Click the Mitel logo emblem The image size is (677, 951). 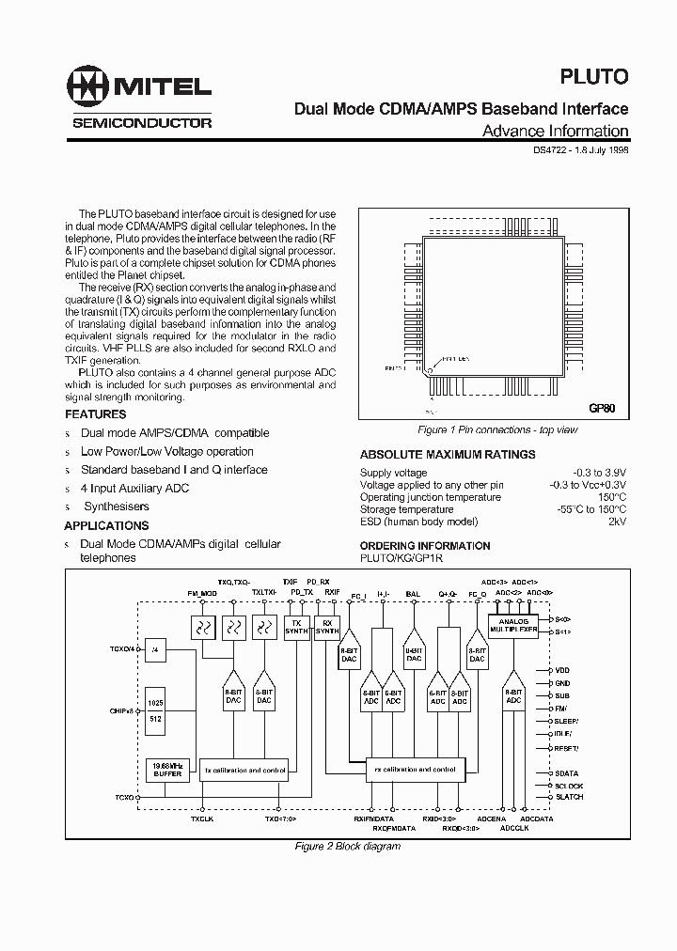click(x=87, y=87)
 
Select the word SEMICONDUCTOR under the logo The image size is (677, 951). click(x=142, y=123)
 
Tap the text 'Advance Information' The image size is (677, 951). click(x=555, y=132)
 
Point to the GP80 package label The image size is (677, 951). click(x=602, y=409)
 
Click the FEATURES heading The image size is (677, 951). click(x=95, y=414)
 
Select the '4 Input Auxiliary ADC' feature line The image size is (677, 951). click(x=134, y=488)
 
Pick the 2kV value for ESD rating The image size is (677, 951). click(x=616, y=522)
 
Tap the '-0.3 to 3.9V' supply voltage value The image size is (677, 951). click(x=599, y=473)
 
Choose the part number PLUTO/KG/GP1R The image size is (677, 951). click(x=401, y=558)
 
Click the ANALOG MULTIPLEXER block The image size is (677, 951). click(x=514, y=627)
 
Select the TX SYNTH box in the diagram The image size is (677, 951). click(x=296, y=629)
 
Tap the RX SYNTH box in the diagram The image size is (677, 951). click(x=327, y=629)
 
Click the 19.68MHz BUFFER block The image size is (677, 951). click(x=167, y=769)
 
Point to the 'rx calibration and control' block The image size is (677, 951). click(x=415, y=769)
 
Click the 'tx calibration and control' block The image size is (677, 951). click(x=245, y=770)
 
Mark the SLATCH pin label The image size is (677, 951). click(x=569, y=797)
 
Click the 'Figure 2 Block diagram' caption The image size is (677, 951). click(x=348, y=846)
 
